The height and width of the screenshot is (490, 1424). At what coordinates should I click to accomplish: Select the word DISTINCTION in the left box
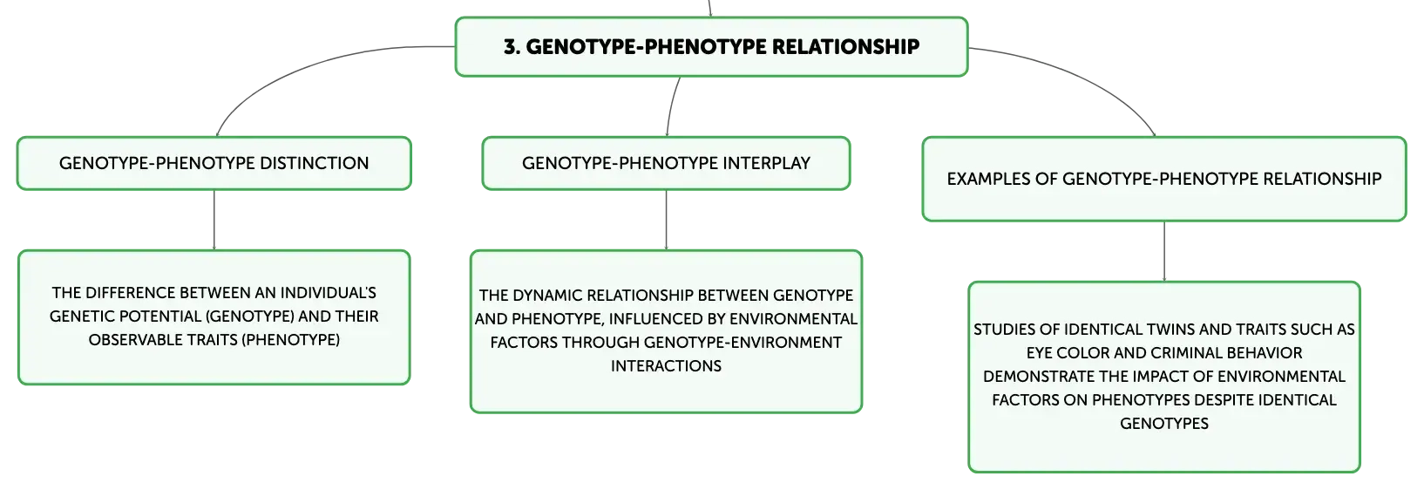coord(314,164)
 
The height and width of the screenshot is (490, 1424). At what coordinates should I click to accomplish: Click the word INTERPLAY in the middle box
coord(766,164)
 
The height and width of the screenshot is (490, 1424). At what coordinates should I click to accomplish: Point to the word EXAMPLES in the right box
coord(988,180)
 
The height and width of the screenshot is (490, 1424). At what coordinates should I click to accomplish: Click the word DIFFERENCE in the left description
coord(131,293)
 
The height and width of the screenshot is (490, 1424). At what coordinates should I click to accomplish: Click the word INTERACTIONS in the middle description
coord(666,366)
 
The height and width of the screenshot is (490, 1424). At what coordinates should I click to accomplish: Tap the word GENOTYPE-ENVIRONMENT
coord(743,343)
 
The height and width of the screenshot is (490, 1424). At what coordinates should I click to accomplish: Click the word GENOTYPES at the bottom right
coord(1164,424)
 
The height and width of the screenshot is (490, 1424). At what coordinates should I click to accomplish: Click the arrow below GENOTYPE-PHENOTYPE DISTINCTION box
coord(214,220)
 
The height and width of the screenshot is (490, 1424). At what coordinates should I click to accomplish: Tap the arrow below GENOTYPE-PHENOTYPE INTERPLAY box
coord(666,220)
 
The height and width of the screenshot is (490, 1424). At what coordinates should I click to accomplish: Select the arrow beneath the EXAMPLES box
coord(1164,251)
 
